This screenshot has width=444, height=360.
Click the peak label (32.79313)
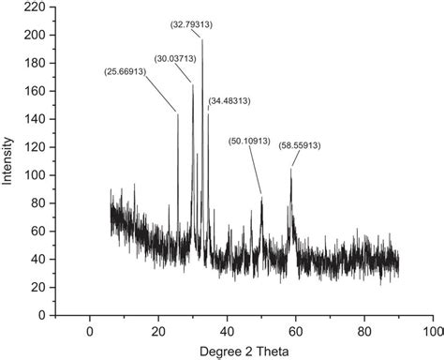191,24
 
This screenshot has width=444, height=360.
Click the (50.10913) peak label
249,142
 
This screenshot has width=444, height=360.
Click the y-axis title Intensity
8,161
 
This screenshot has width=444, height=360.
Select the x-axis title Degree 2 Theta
244,352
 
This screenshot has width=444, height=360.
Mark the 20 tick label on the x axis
158,332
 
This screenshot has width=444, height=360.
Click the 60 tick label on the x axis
296,332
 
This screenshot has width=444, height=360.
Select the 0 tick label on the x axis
90,332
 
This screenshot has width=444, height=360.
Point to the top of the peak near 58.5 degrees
291,170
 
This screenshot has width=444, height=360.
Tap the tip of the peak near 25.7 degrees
178,113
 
